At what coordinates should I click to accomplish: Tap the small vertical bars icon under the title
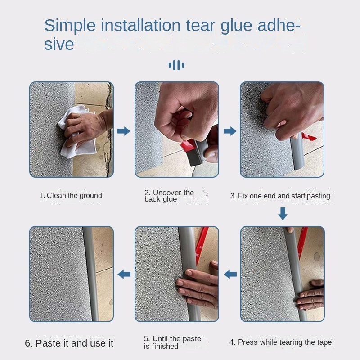pyautogui.click(x=176, y=66)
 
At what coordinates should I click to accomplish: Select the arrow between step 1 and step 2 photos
pyautogui.click(x=124, y=131)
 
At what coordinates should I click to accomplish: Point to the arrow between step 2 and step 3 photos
pyautogui.click(x=229, y=131)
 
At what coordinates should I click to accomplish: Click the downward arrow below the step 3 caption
pyautogui.click(x=283, y=214)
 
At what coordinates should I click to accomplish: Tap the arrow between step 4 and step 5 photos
pyautogui.click(x=230, y=274)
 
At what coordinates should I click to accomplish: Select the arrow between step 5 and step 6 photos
pyautogui.click(x=124, y=274)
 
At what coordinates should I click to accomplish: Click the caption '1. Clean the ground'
pyautogui.click(x=70, y=195)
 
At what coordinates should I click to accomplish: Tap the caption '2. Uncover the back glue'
pyautogui.click(x=169, y=196)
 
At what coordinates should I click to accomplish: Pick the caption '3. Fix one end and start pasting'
pyautogui.click(x=280, y=196)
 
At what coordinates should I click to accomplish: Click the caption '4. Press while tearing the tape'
pyautogui.click(x=280, y=342)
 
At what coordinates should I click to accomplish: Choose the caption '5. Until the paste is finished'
pyautogui.click(x=172, y=342)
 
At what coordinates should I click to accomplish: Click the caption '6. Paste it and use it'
pyautogui.click(x=69, y=343)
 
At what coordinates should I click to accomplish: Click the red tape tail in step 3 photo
pyautogui.click(x=310, y=136)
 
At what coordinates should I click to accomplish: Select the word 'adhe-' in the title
pyautogui.click(x=273, y=26)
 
